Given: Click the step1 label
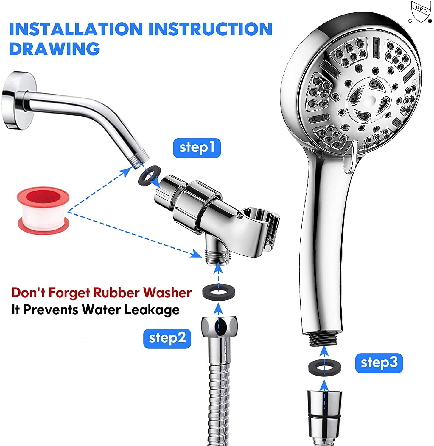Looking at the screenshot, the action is [197, 148].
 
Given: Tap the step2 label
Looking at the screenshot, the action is [167, 338].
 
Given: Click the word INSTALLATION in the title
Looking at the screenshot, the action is [76, 29].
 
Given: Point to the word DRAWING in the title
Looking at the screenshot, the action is [55, 49].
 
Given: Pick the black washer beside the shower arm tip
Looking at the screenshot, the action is [150, 177].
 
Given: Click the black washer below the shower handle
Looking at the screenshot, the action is [325, 367].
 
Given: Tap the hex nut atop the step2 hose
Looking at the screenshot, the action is [220, 327].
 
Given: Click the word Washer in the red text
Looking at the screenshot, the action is [167, 293].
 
